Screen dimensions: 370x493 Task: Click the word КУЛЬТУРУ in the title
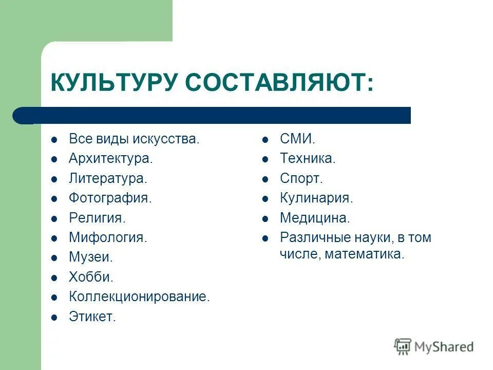tap(114, 83)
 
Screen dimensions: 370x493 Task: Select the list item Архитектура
tap(110, 159)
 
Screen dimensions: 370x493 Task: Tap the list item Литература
tap(108, 178)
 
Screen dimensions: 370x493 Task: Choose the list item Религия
tap(97, 218)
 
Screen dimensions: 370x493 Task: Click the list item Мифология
tap(108, 238)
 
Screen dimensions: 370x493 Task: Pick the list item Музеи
tap(90, 257)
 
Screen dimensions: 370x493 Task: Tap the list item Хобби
tap(91, 277)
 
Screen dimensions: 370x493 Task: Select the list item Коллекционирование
tap(139, 297)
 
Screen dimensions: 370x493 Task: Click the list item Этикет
tap(92, 317)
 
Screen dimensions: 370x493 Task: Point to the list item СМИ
tap(297, 139)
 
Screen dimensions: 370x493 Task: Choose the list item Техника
tap(307, 159)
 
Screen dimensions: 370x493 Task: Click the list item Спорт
tap(301, 178)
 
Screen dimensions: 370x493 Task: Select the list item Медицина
tap(314, 218)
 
